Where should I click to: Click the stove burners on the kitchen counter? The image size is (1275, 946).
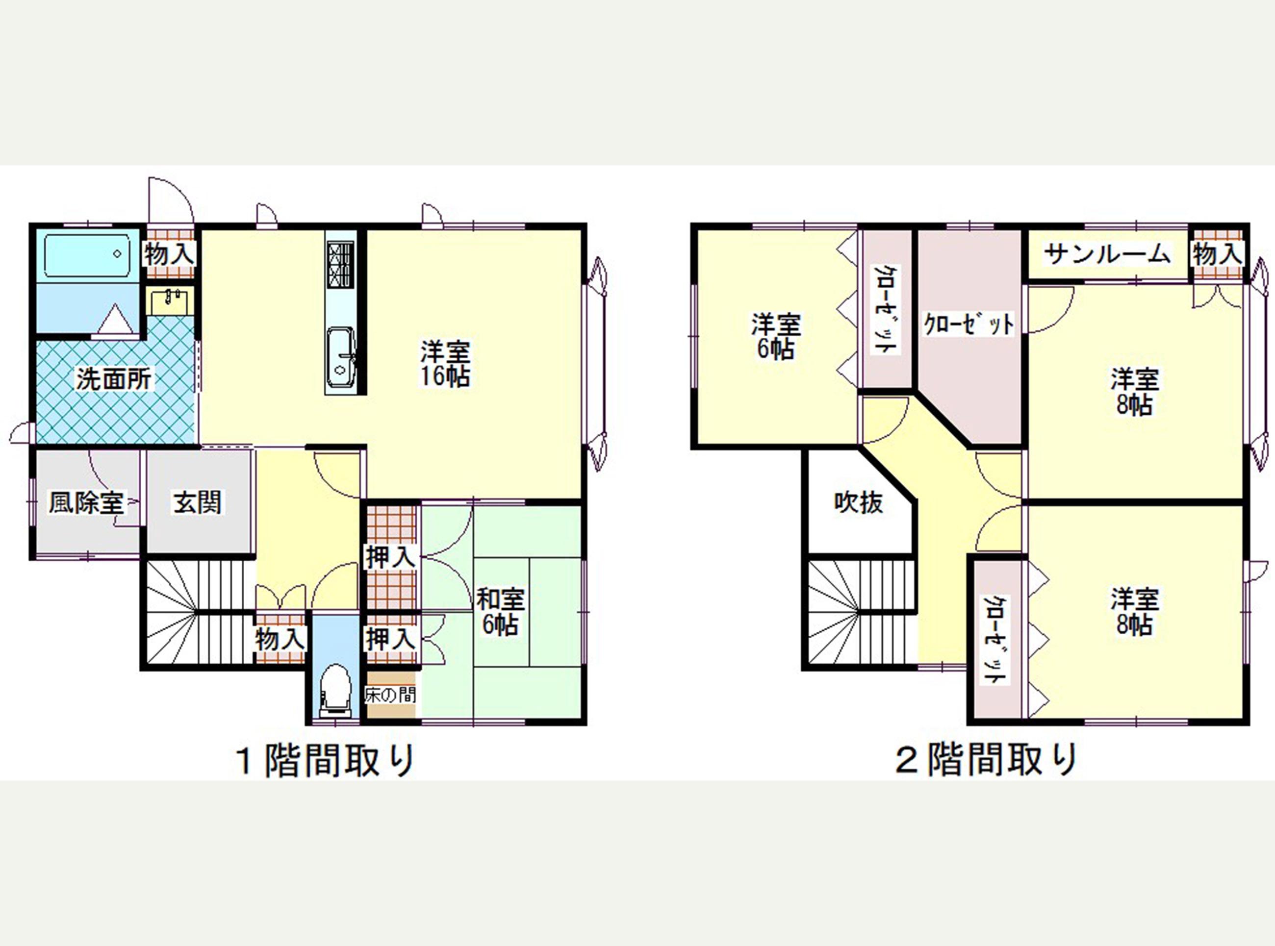click(x=341, y=265)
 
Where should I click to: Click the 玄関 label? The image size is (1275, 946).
click(x=198, y=503)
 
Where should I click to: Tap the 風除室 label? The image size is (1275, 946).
click(x=86, y=503)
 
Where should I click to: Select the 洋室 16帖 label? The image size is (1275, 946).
click(x=446, y=364)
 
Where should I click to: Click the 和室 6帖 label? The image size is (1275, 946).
click(x=500, y=612)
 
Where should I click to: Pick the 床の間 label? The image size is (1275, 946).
click(x=391, y=695)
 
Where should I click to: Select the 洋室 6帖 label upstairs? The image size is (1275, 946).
click(x=776, y=336)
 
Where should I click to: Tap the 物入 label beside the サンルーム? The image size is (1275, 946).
click(x=1218, y=254)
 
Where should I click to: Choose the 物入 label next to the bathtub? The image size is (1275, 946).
click(x=170, y=254)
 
